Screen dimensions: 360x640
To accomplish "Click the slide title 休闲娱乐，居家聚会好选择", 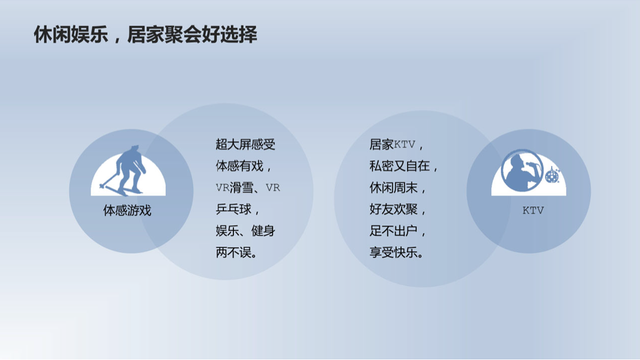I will pos(146,36).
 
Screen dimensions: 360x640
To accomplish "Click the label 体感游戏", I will pos(127,211).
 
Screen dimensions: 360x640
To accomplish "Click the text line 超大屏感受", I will pos(245,144).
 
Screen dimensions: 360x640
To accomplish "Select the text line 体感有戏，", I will pos(243,166).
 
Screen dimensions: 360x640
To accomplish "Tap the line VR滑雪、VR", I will pos(248,188).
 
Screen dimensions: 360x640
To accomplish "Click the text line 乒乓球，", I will pos(237,209).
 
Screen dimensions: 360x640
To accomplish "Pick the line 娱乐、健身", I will pos(245,231).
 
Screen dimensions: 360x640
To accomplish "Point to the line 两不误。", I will pos(237,252).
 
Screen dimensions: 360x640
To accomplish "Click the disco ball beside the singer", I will pos(552,175).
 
